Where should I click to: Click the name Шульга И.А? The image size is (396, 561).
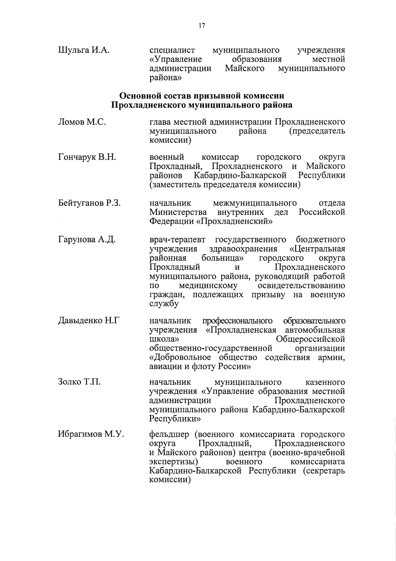click(x=83, y=50)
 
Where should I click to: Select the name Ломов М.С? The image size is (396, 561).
click(x=82, y=122)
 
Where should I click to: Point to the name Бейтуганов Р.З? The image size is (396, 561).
click(x=89, y=203)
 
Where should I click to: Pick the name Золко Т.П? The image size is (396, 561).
click(x=79, y=382)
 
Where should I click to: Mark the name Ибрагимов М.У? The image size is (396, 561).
click(x=91, y=434)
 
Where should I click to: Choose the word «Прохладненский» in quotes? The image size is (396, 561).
click(x=234, y=221)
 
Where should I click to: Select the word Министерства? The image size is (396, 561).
click(x=178, y=212)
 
